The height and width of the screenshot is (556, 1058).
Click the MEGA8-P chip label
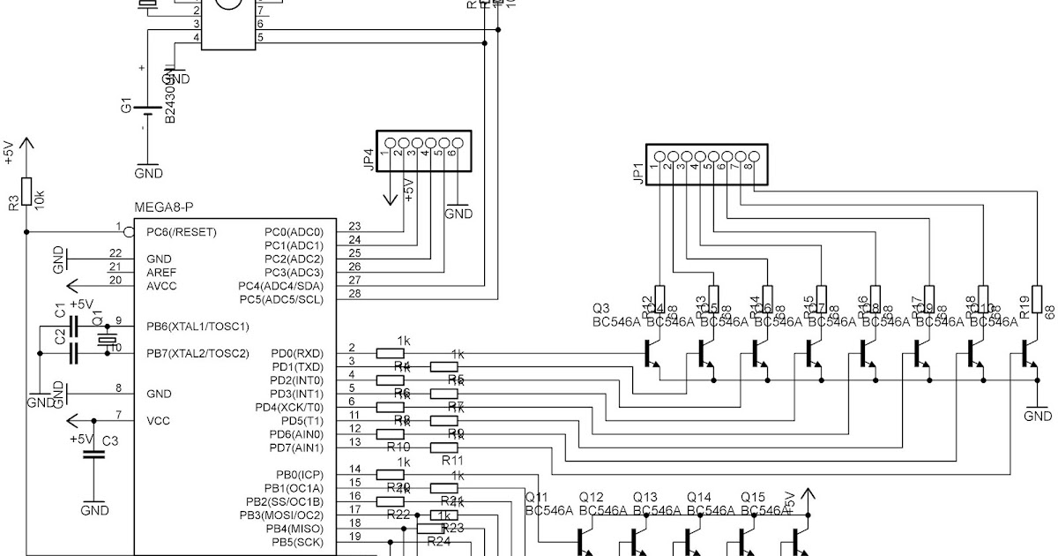pyautogui.click(x=163, y=207)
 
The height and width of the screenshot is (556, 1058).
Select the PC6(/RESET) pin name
pyautogui.click(x=181, y=231)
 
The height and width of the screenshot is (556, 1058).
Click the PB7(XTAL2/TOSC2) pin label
pyautogui.click(x=197, y=353)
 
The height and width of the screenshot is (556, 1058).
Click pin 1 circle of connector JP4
pyautogui.click(x=387, y=142)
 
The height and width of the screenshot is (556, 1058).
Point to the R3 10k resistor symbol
pyautogui.click(x=27, y=191)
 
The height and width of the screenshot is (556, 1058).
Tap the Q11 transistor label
pyautogui.click(x=537, y=497)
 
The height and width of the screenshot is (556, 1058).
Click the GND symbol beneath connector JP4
pyautogui.click(x=458, y=212)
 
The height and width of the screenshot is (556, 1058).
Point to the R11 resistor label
pyautogui.click(x=451, y=460)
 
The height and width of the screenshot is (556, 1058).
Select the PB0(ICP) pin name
pyautogui.click(x=300, y=475)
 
